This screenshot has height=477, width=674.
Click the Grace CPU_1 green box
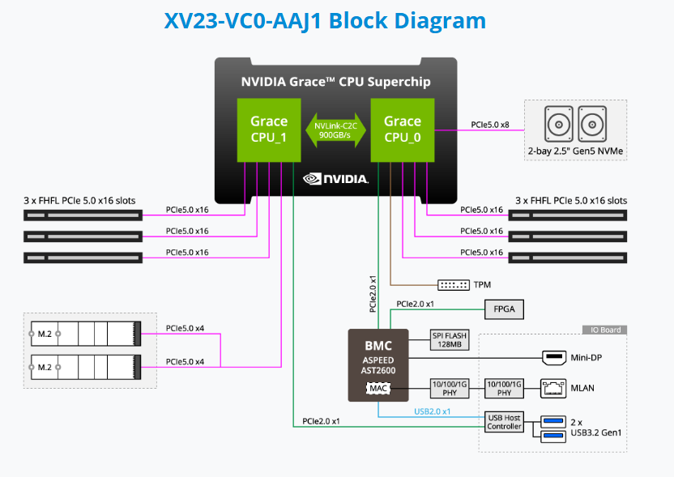click(x=268, y=130)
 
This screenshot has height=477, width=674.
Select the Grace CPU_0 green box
click(x=402, y=130)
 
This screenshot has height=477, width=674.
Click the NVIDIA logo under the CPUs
click(x=335, y=178)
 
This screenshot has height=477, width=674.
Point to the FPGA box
click(x=504, y=309)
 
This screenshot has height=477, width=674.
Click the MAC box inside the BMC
click(x=378, y=389)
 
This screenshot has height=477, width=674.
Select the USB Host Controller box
click(x=504, y=421)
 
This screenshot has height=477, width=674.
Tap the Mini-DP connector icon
click(x=554, y=356)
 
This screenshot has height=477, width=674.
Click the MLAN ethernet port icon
click(x=554, y=388)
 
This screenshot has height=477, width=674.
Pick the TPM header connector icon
click(x=454, y=285)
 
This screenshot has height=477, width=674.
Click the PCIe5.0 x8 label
click(x=489, y=125)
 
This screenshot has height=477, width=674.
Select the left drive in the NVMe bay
click(x=559, y=126)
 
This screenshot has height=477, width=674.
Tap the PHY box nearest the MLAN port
click(x=504, y=388)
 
